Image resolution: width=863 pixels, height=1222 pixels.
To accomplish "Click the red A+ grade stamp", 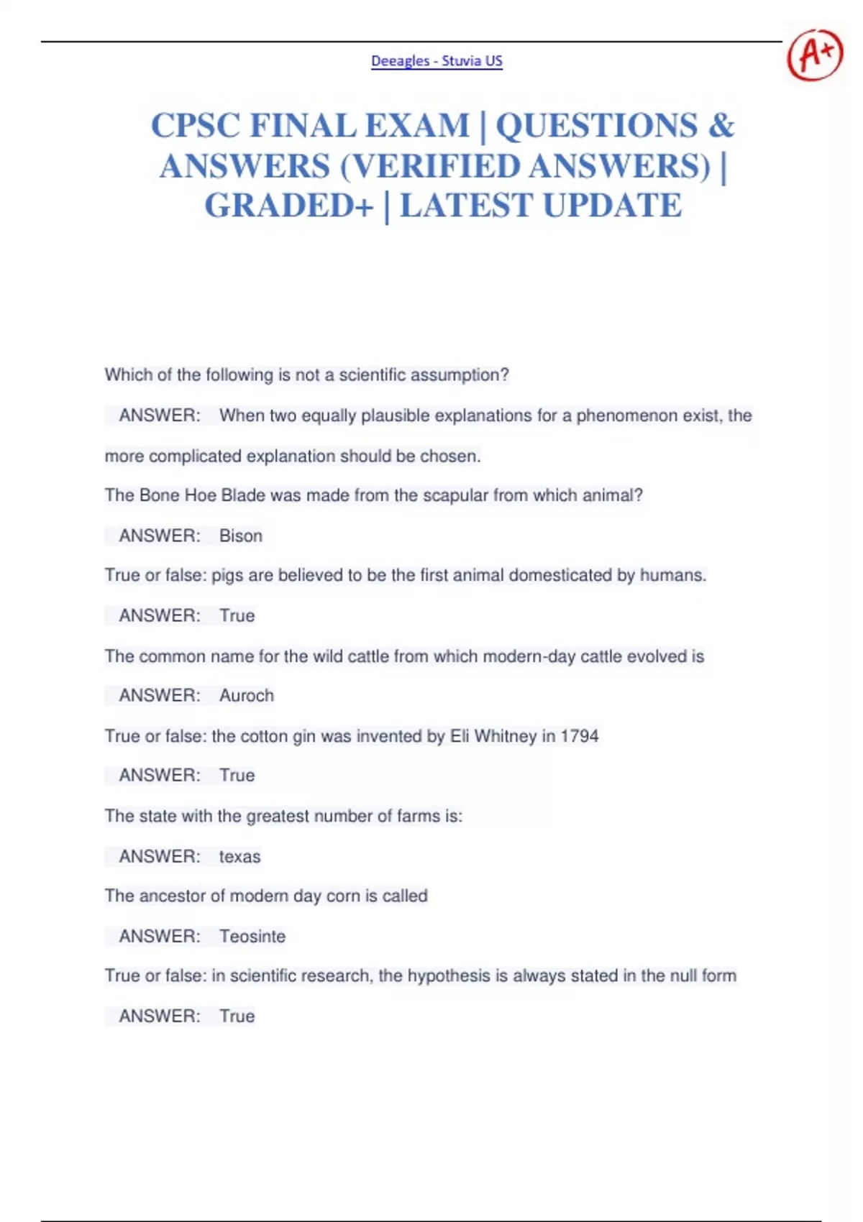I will pyautogui.click(x=815, y=55).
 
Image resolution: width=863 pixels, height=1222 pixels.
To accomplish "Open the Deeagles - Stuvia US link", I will pyautogui.click(x=437, y=61).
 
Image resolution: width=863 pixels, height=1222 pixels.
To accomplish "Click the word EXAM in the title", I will pyautogui.click(x=417, y=126).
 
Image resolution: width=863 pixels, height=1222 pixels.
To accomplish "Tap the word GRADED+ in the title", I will pyautogui.click(x=289, y=206).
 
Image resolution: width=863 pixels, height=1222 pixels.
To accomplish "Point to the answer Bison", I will pyautogui.click(x=241, y=536).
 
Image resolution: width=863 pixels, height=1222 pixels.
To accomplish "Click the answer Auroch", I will pyautogui.click(x=247, y=696).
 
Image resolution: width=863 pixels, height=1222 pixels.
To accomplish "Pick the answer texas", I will pyautogui.click(x=239, y=857).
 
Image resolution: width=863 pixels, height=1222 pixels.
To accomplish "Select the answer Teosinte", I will pyautogui.click(x=252, y=937).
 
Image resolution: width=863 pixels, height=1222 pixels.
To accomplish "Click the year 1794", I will pyautogui.click(x=580, y=736).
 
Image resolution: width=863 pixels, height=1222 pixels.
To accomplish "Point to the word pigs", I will pyautogui.click(x=227, y=576).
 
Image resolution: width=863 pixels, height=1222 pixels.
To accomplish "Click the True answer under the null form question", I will pyautogui.click(x=237, y=1016).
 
